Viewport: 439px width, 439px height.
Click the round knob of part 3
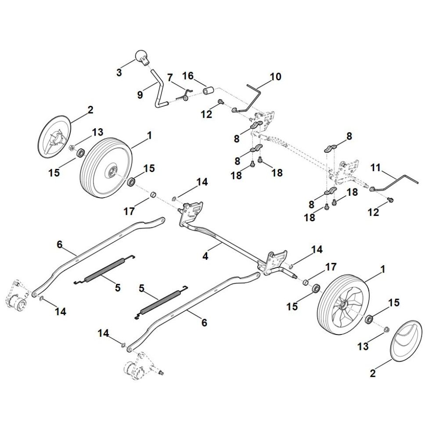[140, 56]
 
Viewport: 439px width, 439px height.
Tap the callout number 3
[119, 73]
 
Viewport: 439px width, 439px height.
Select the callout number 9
[140, 94]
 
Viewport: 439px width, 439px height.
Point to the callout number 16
[188, 76]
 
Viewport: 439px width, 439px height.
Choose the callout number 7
[170, 77]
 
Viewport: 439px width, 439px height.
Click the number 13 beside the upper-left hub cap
[97, 132]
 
